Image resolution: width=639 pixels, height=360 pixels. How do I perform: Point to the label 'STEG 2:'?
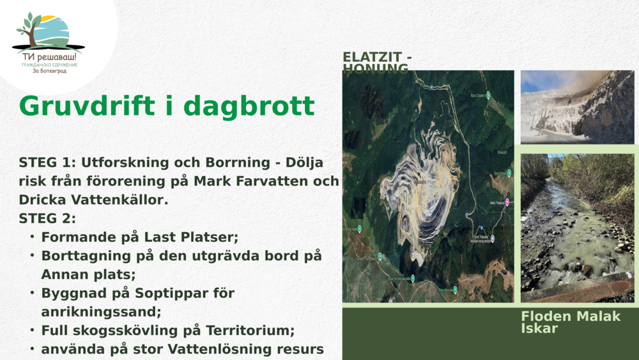point(47,218)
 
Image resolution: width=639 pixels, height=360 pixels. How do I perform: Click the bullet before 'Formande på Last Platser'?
point(32,237)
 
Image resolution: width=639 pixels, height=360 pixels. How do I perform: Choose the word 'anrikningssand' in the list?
point(99,311)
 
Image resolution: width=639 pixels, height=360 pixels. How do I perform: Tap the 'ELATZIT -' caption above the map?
point(377,58)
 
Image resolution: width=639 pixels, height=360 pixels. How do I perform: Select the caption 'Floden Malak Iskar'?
point(570,322)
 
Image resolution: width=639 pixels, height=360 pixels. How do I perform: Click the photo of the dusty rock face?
point(577,107)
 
